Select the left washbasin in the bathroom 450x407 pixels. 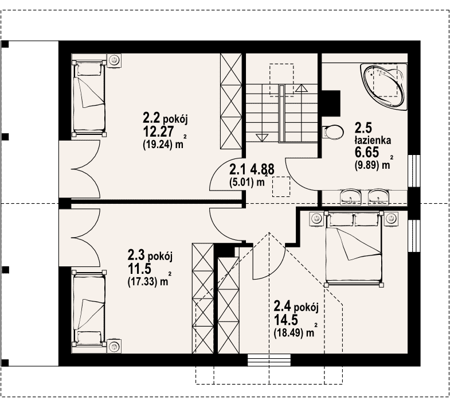(350, 197)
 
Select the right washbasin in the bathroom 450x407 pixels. (379, 197)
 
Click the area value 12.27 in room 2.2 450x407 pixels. (158, 131)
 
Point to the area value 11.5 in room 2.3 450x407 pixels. (139, 269)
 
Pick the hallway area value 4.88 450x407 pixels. (263, 169)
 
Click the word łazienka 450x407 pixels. (373, 140)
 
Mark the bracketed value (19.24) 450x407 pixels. (158, 145)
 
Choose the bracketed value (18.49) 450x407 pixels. (289, 332)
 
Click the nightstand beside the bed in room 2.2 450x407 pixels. (115, 60)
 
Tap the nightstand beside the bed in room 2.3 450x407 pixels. (115, 346)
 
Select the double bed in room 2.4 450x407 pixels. (354, 249)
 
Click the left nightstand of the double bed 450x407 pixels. (316, 219)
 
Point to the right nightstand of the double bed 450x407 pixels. (392, 219)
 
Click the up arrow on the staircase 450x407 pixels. (301, 88)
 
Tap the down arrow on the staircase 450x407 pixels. (261, 137)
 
